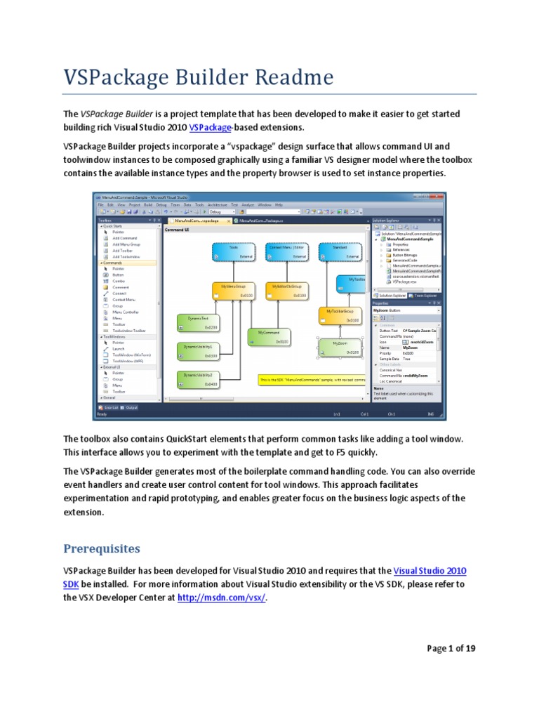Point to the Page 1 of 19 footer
click(451, 648)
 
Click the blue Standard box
click(340, 252)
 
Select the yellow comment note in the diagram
click(311, 379)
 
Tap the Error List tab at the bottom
click(111, 407)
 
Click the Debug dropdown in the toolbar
click(219, 211)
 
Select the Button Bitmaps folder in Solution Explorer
click(404, 254)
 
